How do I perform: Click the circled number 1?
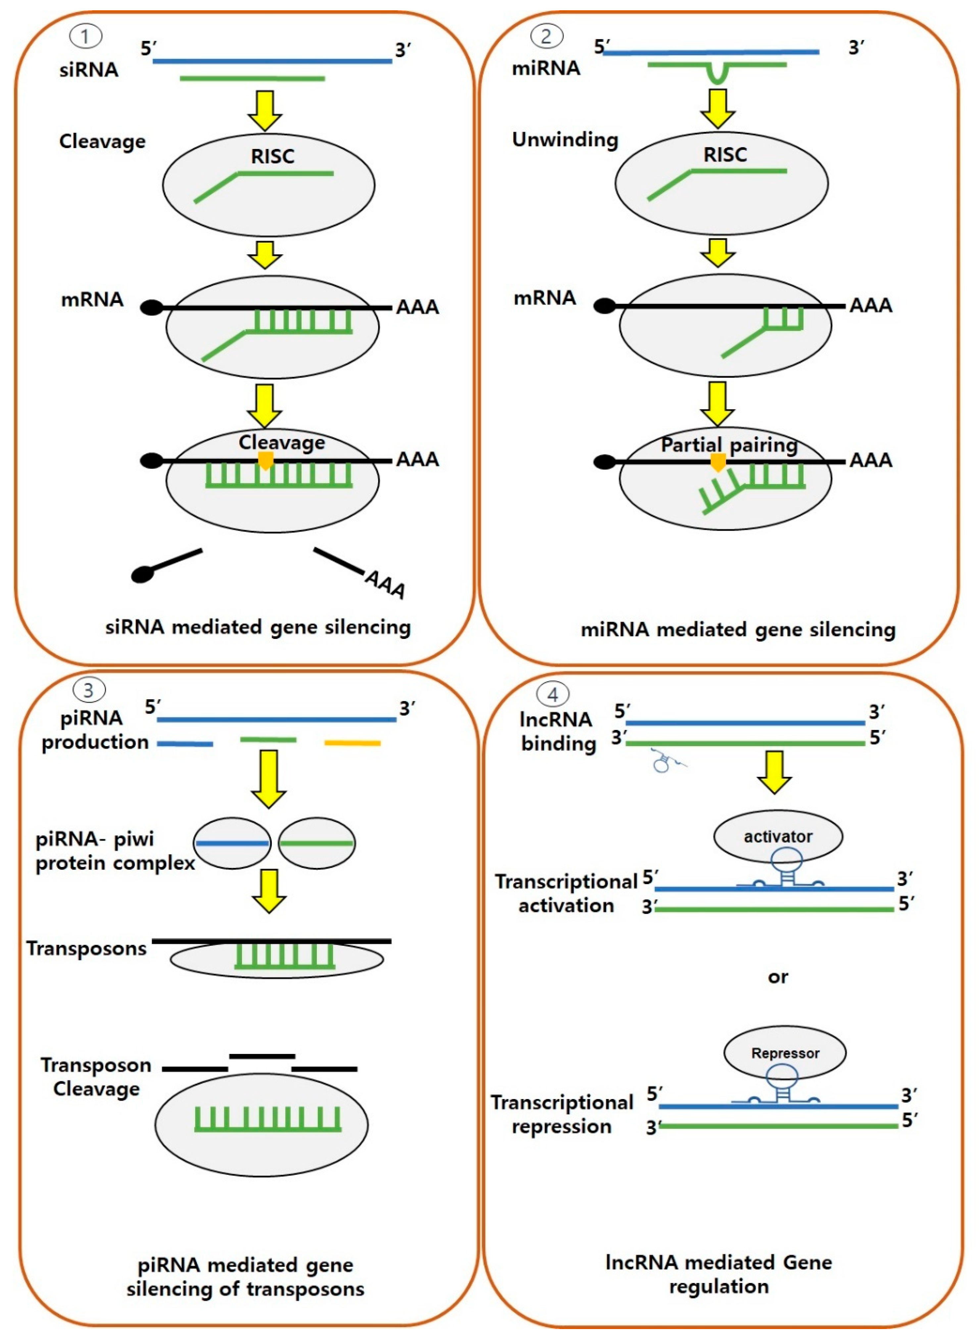coord(85,37)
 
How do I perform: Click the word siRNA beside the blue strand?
coord(89,70)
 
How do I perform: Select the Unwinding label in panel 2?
coord(565,140)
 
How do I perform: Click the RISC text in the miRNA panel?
coord(725,155)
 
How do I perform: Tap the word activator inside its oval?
coord(777,837)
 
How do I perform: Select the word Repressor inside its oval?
coord(785,1053)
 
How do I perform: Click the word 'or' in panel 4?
coord(777,977)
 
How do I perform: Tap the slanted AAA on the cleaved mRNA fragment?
coord(385,585)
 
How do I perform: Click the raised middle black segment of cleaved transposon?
coord(262,1056)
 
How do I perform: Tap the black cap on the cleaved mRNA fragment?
coord(143,574)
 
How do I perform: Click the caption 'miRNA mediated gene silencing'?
coord(738,629)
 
